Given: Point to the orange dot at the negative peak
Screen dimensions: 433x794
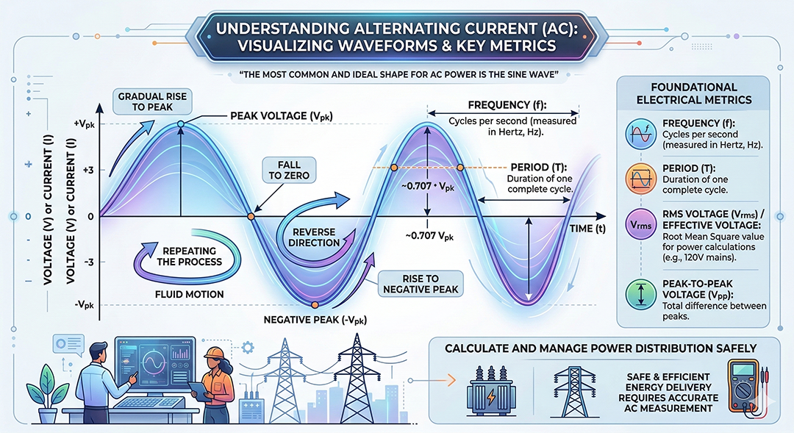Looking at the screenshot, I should [x=315, y=304].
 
